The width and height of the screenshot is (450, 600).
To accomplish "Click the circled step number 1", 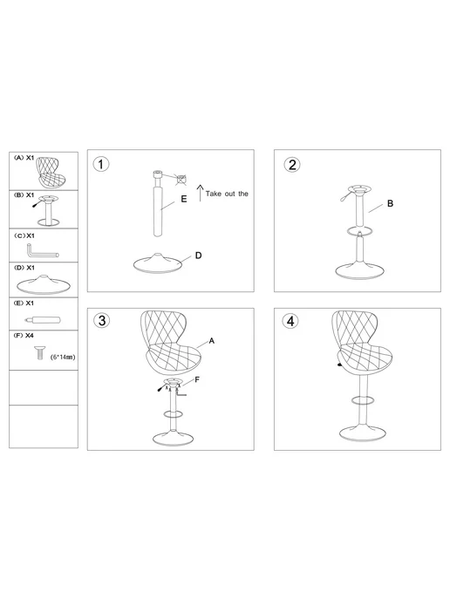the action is [x=101, y=164].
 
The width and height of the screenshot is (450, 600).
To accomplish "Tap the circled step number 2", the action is [x=292, y=165].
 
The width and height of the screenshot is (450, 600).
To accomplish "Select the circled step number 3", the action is [x=102, y=320].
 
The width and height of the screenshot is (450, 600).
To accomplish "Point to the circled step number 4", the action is [x=290, y=321].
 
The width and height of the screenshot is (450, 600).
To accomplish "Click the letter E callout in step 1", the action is [x=184, y=199].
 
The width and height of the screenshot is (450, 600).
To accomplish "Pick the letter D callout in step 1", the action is [x=198, y=256].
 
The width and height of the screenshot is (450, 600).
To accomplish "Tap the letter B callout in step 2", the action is [x=390, y=203].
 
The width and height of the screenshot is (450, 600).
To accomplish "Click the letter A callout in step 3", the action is [x=212, y=341].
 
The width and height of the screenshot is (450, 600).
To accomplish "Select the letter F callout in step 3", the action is [x=197, y=379].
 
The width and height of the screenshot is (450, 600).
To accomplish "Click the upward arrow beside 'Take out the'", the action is [x=200, y=193].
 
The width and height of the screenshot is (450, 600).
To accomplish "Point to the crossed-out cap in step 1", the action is [x=181, y=179].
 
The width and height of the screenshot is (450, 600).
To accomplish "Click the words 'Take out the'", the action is [x=227, y=194].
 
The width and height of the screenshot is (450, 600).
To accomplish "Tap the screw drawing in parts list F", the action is [x=39, y=353].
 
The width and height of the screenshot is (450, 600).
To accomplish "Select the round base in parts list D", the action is [x=44, y=284].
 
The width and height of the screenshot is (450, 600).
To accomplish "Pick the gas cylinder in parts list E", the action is [x=43, y=319].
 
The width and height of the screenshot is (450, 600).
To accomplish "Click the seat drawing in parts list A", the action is [x=51, y=172].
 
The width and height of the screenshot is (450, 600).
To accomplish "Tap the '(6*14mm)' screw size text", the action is [x=63, y=357].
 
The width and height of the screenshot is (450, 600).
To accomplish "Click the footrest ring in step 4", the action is [x=363, y=400].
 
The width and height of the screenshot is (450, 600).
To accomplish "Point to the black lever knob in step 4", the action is [x=339, y=365].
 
